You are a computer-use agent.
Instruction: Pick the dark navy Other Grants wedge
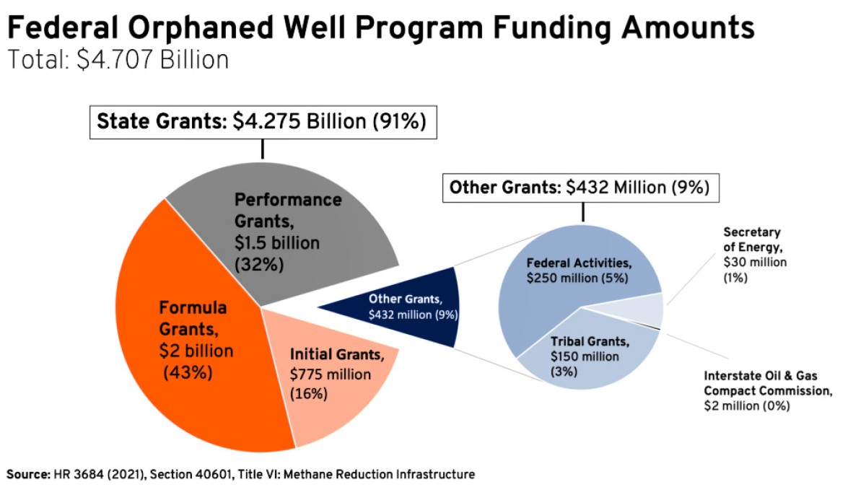coord(426,307)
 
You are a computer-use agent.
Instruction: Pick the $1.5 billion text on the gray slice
coord(277,243)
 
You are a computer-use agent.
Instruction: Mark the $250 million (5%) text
coord(578,278)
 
